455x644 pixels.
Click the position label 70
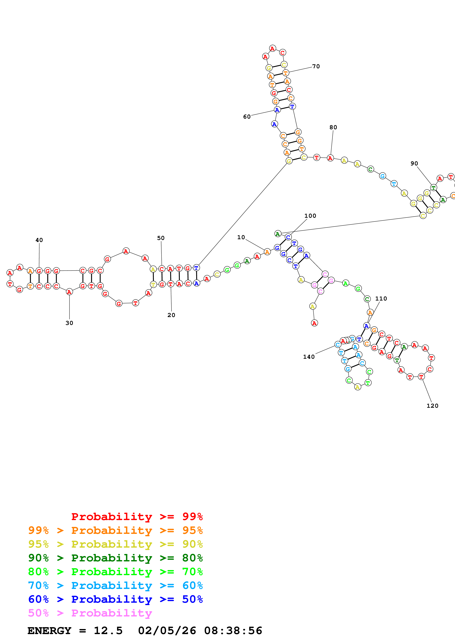tap(316, 66)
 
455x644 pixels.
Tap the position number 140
tap(309, 357)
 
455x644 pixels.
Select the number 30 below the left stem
tap(69, 323)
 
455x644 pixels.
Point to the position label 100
tap(310, 216)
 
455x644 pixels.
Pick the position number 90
tap(414, 164)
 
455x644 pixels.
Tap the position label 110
tap(381, 299)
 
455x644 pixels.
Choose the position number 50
tap(161, 238)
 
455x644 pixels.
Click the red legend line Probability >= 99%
tap(137, 517)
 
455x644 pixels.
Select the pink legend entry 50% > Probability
tap(90, 613)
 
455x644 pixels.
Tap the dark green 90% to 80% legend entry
tap(115, 558)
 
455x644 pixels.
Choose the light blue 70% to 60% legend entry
tap(115, 585)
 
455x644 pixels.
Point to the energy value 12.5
tap(108, 631)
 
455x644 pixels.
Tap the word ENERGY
tap(49, 631)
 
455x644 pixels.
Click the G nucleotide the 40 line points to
tap(39, 271)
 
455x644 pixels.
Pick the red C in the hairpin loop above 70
tap(283, 53)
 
